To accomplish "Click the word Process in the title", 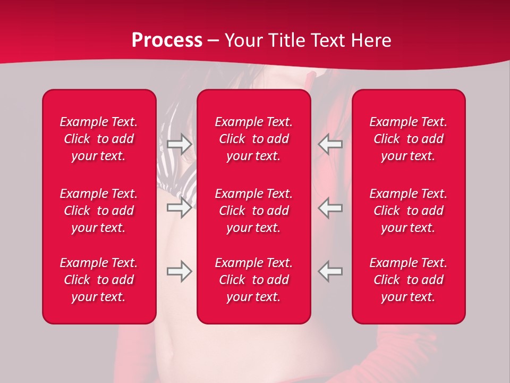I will (x=167, y=40).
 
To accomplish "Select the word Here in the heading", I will (x=370, y=40).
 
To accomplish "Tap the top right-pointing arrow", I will (x=179, y=144).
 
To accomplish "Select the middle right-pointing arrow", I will (x=179, y=207).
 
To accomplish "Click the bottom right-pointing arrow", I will (x=179, y=271).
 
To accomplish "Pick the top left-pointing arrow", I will (x=330, y=144).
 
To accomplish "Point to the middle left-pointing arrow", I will (x=330, y=207).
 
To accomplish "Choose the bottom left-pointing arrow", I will (x=330, y=271).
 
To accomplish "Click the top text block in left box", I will (x=99, y=139).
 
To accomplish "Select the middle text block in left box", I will (x=99, y=211).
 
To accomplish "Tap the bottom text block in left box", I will (x=99, y=280).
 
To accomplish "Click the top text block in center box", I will (x=254, y=139).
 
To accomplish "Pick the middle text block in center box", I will (x=254, y=211).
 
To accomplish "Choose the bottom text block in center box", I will (x=254, y=280).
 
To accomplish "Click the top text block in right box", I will (x=409, y=139).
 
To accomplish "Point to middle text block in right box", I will (x=409, y=211).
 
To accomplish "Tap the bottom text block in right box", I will (x=409, y=280).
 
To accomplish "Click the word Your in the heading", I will (x=242, y=40).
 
